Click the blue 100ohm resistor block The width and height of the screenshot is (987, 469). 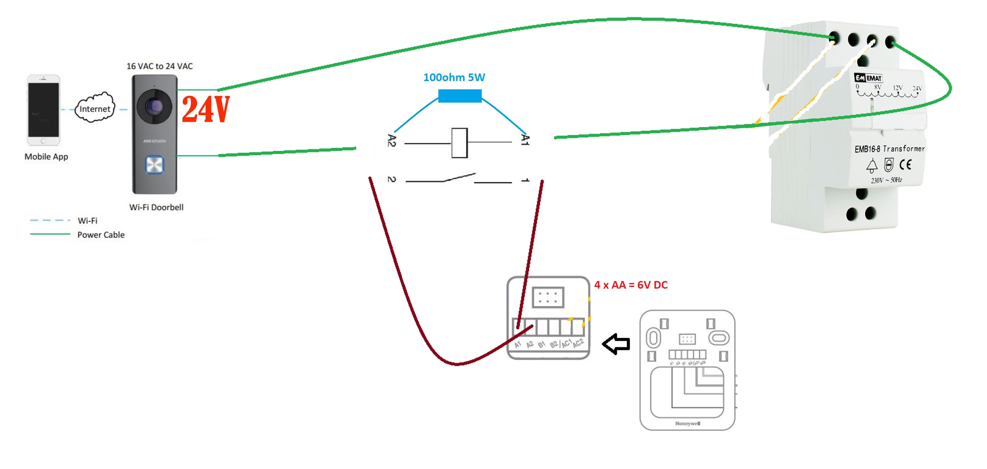(x=460, y=96)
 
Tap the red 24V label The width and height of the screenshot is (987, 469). (x=206, y=110)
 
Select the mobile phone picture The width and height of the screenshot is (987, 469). (x=44, y=110)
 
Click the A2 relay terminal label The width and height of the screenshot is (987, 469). (x=391, y=141)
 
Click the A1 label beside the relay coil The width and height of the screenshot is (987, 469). (x=525, y=140)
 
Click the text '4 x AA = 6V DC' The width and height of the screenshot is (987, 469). (x=631, y=285)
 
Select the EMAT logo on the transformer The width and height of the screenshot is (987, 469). (x=868, y=78)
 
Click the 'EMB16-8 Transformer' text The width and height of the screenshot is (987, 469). (x=889, y=149)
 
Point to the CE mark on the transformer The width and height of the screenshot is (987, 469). (x=906, y=165)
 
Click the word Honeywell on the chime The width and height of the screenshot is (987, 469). (x=687, y=423)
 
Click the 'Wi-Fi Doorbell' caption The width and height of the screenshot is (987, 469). (x=156, y=207)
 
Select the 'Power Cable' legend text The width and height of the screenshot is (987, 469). (x=101, y=235)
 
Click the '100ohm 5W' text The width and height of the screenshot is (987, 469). (x=454, y=77)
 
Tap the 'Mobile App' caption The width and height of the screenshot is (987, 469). (x=46, y=157)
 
